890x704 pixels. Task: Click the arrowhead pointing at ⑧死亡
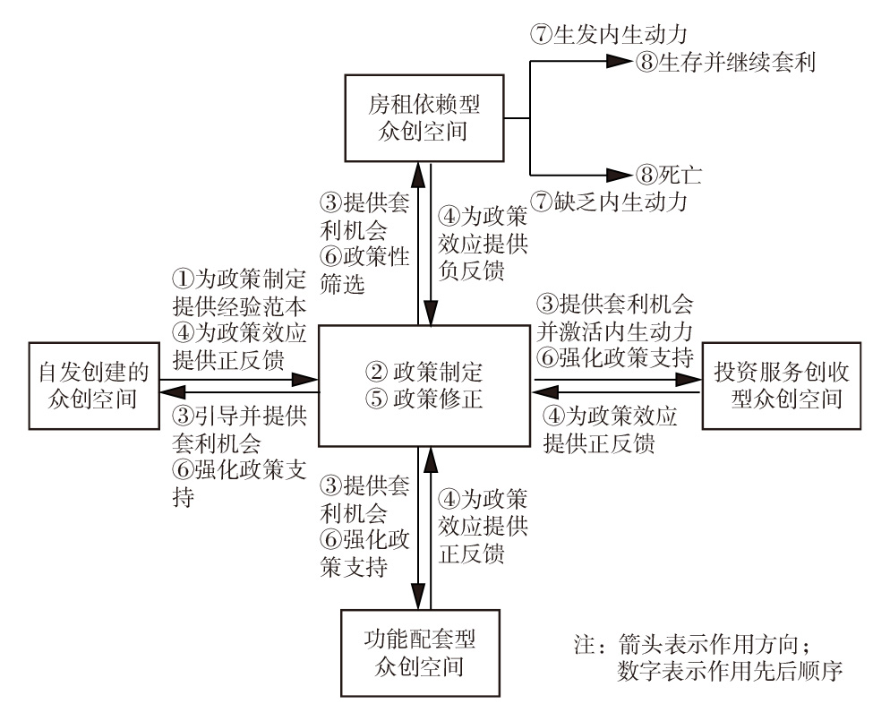[x=620, y=174]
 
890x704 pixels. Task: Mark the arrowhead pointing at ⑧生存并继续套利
[x=620, y=62]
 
